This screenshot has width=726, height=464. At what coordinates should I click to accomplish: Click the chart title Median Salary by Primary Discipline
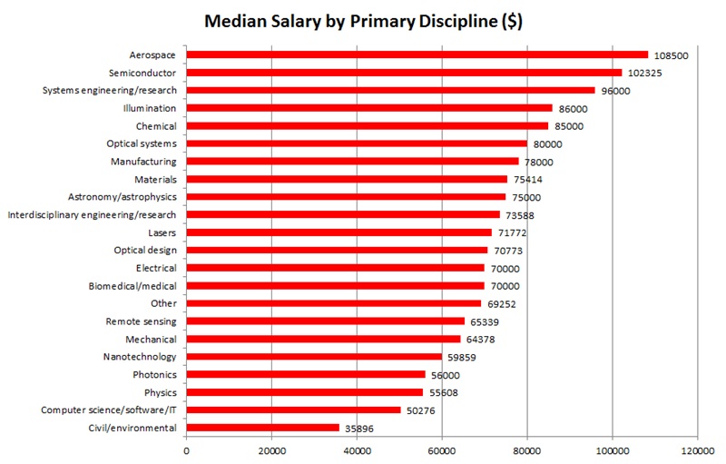363,20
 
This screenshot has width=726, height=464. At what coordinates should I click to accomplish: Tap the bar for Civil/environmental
263,428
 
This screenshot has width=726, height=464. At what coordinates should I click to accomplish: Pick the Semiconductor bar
404,73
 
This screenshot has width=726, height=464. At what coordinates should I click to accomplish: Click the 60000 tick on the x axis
442,449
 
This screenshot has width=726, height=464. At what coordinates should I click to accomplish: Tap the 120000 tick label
697,449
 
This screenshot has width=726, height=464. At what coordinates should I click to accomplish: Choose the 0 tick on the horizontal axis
186,449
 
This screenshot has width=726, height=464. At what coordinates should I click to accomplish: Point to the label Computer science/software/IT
109,410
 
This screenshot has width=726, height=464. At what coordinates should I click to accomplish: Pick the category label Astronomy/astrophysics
123,197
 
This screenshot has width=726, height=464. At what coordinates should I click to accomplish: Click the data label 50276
422,410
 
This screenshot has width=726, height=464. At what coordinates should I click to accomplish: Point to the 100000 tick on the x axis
612,449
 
